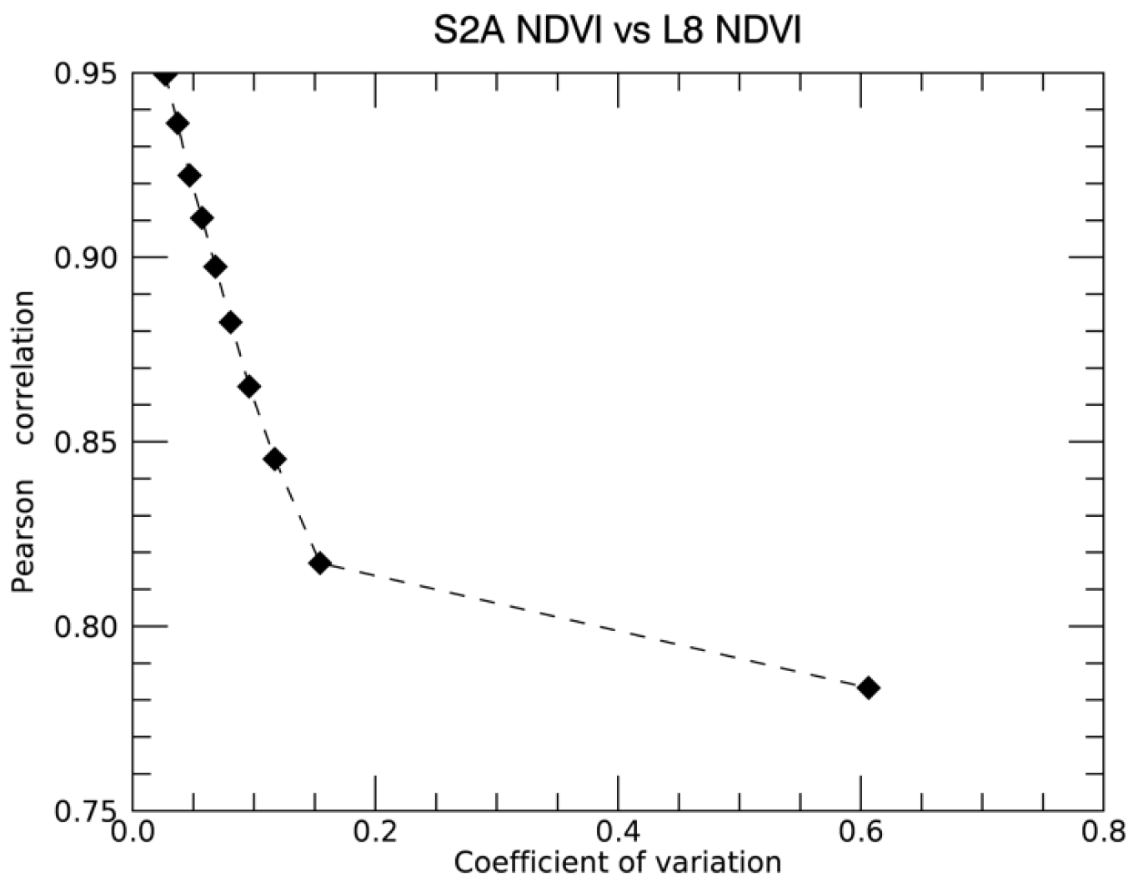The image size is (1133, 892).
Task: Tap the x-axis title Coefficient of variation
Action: click(617, 862)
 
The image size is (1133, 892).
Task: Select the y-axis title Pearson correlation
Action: click(24, 442)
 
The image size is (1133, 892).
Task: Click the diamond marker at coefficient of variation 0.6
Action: click(868, 688)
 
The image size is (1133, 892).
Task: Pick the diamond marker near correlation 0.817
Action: click(319, 563)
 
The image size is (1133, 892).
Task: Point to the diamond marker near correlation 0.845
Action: click(274, 459)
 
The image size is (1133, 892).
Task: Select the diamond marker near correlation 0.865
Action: click(248, 387)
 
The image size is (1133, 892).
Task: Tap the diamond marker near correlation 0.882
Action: click(231, 323)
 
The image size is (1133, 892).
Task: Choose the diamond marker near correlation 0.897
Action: click(215, 268)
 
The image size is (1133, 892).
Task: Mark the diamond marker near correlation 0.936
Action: click(177, 124)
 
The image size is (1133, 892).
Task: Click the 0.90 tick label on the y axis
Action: click(88, 258)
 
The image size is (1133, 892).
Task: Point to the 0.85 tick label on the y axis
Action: click(88, 442)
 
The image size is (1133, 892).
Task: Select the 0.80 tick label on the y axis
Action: click(88, 626)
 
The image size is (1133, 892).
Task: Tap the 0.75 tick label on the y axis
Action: click(88, 810)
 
